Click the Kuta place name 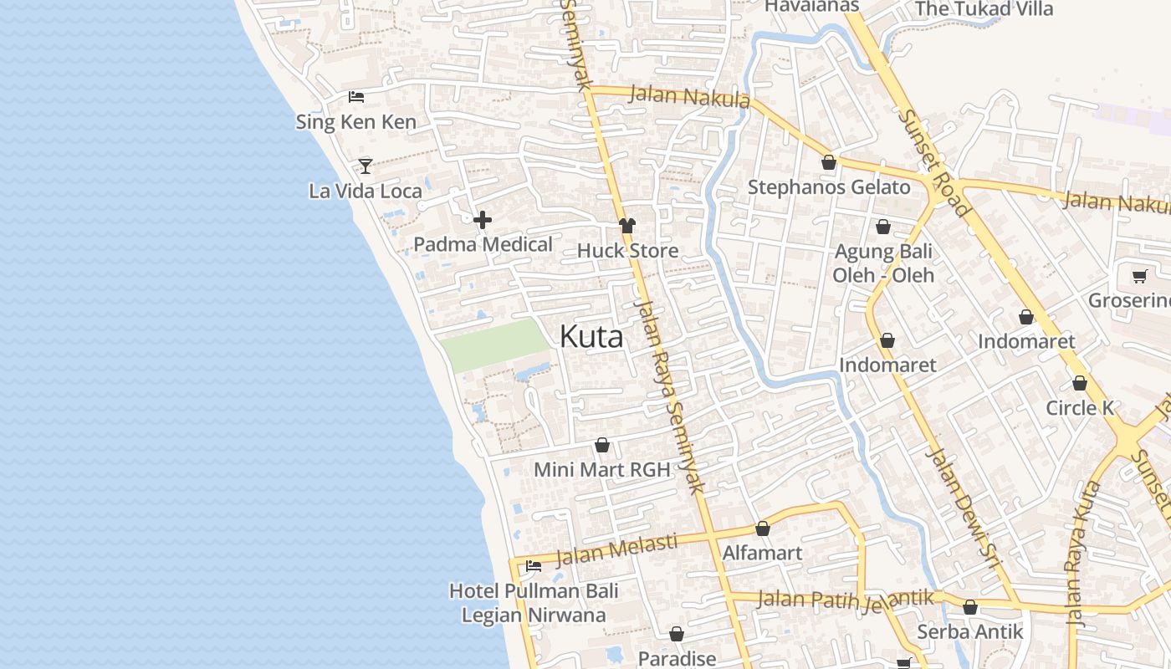[591, 337]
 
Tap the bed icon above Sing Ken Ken [356, 97]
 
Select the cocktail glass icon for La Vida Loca [366, 166]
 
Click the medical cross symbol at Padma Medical [483, 220]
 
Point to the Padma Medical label [483, 245]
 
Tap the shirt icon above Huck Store [627, 226]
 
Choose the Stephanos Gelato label [828, 187]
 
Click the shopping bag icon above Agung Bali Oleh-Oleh [883, 227]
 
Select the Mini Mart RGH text [601, 470]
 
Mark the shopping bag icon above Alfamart [762, 529]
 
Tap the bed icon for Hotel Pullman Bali [533, 566]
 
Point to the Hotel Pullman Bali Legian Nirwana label [534, 603]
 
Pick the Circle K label [1080, 408]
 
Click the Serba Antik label [969, 631]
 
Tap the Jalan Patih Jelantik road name [845, 600]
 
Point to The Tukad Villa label [984, 10]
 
